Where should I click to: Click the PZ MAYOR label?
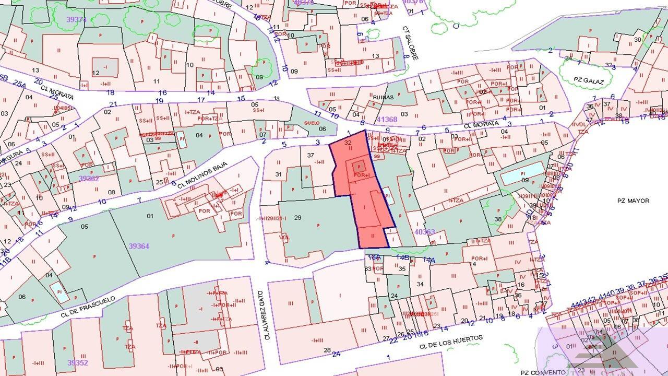tap(633, 201)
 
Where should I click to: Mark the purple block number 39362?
tap(89, 178)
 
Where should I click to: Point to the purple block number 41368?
tap(387, 120)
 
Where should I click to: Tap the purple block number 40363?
tap(424, 231)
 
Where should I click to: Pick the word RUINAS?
tap(383, 97)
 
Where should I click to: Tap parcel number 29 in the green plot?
tap(298, 217)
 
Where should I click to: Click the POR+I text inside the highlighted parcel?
tap(361, 175)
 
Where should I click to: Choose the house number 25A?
tap(19, 84)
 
